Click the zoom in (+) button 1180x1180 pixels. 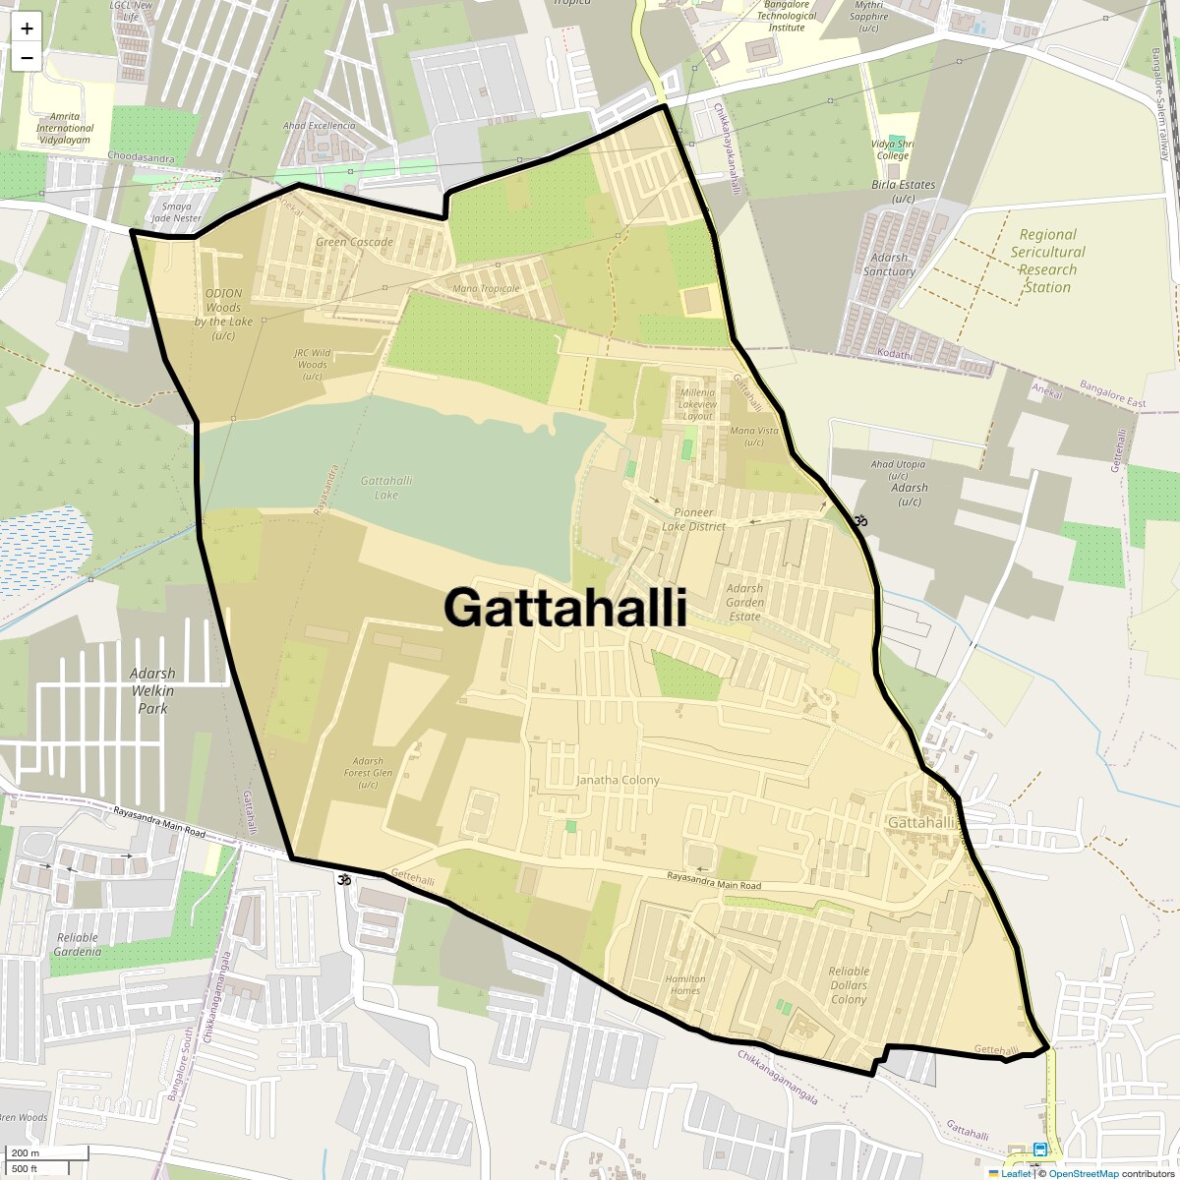[x=27, y=29]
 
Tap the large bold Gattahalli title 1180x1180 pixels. [x=564, y=607]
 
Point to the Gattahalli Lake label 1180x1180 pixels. [x=386, y=488]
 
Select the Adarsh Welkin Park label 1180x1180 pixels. [x=152, y=690]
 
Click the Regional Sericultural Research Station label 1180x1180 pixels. [x=1047, y=261]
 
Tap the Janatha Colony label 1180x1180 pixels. [x=618, y=780]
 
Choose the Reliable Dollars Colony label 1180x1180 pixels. [x=848, y=985]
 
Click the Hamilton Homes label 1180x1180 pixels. [x=685, y=984]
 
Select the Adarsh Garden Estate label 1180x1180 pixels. [x=744, y=602]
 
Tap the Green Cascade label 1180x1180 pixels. [x=354, y=242]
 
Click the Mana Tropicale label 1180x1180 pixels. [x=486, y=288]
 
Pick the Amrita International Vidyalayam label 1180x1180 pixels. [x=64, y=128]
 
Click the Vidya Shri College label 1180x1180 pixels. [x=892, y=149]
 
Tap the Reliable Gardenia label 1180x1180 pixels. [x=78, y=944]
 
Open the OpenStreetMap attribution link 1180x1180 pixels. [x=1083, y=1173]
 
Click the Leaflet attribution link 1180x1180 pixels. [x=1015, y=1173]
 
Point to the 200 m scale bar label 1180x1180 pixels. [x=26, y=1153]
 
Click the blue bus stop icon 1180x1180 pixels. [x=1039, y=1150]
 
